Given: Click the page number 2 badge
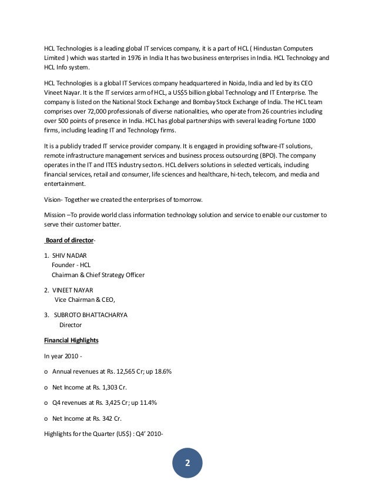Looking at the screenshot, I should (x=187, y=462).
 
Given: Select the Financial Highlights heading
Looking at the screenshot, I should (x=71, y=340).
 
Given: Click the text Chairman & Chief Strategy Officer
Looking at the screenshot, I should (x=98, y=275).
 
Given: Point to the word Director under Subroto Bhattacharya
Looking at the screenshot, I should (x=71, y=324).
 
